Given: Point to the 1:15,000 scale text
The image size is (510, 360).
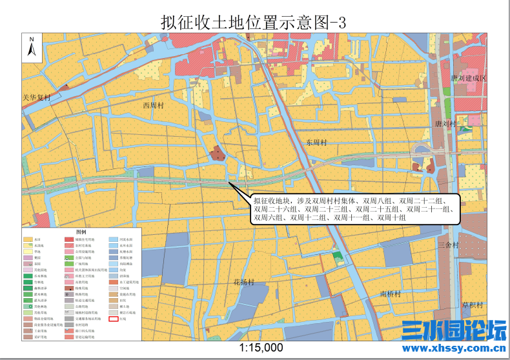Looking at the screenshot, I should point(261,347).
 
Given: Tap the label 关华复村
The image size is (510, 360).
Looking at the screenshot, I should point(36,97).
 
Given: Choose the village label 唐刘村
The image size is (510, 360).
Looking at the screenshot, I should point(445,123).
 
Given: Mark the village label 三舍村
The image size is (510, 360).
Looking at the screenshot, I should point(447,245).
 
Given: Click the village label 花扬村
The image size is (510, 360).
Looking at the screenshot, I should point(244,283).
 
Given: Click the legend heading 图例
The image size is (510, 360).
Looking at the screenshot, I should point(81,232).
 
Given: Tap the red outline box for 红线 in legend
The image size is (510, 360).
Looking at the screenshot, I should point(114,319).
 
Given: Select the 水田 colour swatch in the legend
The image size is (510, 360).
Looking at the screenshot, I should point(28,239).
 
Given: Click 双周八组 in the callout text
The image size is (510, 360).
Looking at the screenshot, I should point(378,201).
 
